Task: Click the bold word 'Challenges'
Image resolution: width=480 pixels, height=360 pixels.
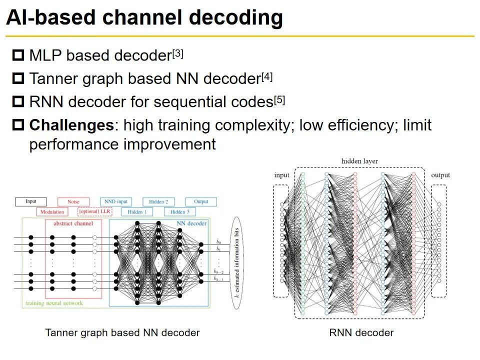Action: pos(71,124)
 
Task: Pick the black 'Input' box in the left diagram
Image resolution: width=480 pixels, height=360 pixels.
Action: pos(31,201)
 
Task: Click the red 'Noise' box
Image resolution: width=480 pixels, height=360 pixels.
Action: pos(73,201)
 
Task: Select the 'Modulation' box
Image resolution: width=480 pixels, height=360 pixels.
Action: pos(52,211)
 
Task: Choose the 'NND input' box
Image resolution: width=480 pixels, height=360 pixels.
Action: pos(116,201)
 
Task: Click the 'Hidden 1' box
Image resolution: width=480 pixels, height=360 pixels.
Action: pos(137,211)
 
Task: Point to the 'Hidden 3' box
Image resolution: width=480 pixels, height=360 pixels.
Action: pos(179,211)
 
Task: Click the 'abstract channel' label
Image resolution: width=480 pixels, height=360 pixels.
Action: pos(73,223)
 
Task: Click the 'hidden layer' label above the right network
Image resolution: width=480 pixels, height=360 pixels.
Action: pos(359,161)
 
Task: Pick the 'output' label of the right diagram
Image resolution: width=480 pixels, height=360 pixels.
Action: pos(440,175)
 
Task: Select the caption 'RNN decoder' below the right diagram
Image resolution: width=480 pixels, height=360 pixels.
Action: pos(361,332)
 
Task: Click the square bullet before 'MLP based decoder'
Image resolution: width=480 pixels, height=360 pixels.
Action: pos(18,55)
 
